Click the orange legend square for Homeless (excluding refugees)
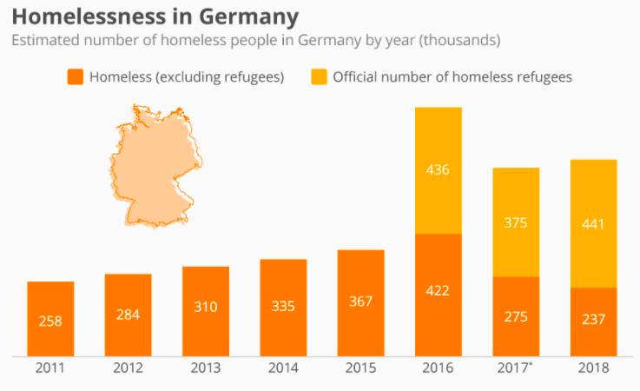[75, 77]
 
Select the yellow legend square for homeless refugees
[318, 77]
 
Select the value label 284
[128, 314]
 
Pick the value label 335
[283, 306]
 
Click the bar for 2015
[360, 302]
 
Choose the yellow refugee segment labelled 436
[439, 170]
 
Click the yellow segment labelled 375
[516, 222]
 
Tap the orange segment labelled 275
[516, 316]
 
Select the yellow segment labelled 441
[593, 223]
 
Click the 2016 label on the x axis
[439, 368]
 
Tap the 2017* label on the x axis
[517, 368]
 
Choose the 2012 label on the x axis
[128, 368]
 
